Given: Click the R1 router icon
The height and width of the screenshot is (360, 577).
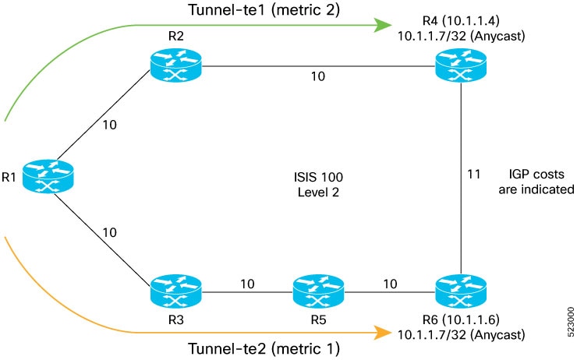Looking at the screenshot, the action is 48,176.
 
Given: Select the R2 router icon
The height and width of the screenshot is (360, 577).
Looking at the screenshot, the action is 176,65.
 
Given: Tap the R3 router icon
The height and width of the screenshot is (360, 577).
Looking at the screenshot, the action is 176,291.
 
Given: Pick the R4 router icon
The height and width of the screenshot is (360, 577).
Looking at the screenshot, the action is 461,65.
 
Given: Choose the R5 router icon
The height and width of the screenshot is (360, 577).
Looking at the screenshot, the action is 318,291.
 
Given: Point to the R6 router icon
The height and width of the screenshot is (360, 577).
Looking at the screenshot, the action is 461,291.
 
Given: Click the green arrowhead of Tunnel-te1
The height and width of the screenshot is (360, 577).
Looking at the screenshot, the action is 383,25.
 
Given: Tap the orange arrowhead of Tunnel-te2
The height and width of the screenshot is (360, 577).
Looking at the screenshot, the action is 383,333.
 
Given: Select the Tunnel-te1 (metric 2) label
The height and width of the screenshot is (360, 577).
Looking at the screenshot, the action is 264,10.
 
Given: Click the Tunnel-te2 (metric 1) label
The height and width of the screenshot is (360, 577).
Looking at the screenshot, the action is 264,348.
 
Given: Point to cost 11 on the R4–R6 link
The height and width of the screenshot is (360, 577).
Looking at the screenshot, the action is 474,174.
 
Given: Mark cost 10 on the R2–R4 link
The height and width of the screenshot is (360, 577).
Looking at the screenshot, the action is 318,76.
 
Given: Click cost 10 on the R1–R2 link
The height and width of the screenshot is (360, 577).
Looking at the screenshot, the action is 109,125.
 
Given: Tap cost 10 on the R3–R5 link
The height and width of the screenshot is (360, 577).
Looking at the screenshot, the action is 247,284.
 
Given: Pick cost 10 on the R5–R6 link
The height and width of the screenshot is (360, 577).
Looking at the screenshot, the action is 390,284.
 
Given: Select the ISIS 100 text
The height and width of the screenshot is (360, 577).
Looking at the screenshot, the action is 318,177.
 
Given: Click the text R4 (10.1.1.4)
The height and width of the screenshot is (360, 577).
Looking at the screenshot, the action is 461,20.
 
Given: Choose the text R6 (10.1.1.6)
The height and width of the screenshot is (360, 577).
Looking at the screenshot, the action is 461,319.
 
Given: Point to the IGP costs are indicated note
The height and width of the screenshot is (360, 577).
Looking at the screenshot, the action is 536,182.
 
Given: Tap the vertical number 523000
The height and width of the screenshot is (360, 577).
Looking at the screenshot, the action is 571,322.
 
